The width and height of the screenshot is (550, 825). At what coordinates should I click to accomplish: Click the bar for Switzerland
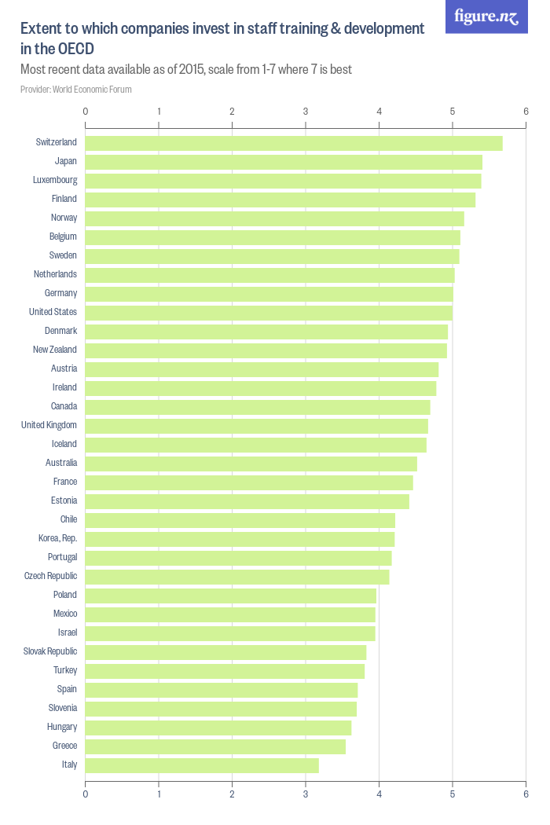tap(293, 143)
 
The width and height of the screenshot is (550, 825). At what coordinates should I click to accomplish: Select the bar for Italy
tap(202, 765)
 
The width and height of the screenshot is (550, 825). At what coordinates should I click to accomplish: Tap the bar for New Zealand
tap(266, 350)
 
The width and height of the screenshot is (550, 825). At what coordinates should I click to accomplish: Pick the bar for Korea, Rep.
tap(240, 539)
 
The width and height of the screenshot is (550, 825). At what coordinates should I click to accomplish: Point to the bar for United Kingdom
tap(256, 426)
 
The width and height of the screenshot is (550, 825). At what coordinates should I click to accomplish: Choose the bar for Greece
tap(215, 746)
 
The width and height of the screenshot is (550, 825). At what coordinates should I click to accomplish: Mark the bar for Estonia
tap(247, 501)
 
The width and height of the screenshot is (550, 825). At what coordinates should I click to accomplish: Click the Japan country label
tap(65, 161)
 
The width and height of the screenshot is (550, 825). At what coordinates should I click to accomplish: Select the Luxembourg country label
tap(54, 180)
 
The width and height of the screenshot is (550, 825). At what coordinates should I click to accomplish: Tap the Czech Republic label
tap(50, 576)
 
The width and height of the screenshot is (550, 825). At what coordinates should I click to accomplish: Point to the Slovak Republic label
tap(50, 651)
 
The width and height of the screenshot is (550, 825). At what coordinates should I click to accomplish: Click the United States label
tap(53, 312)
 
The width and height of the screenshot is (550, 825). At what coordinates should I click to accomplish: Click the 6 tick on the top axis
tap(526, 112)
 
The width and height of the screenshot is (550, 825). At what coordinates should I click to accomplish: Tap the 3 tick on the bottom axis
tap(306, 794)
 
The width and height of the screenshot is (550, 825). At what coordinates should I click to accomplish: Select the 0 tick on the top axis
tap(85, 112)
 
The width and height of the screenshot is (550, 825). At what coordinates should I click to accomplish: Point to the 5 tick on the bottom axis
tap(453, 794)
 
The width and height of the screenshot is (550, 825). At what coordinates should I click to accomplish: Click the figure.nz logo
tap(486, 17)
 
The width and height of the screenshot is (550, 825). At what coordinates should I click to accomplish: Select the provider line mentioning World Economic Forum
tap(75, 90)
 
